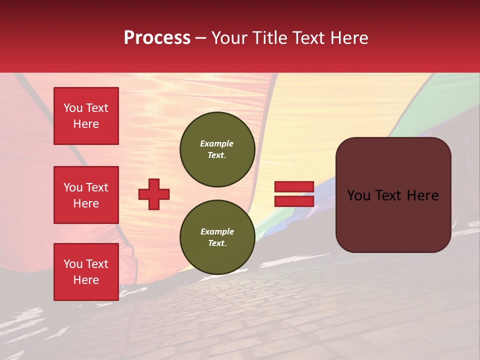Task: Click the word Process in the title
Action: point(157,38)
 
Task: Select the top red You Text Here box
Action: point(86,116)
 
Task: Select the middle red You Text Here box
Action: point(86,195)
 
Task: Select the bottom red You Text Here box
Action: point(86,272)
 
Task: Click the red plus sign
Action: point(154,194)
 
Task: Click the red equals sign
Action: point(294,194)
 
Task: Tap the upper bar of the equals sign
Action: point(294,187)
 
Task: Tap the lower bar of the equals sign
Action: point(294,201)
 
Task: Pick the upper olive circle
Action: point(217,149)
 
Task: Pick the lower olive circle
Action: point(217,237)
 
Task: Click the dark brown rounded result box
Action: point(393,220)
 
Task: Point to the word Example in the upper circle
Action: point(217,143)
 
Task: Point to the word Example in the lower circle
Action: point(217,231)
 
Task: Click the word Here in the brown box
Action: point(423,195)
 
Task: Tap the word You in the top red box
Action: point(72,108)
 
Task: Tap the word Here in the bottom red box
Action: point(86,280)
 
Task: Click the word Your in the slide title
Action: point(229,38)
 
